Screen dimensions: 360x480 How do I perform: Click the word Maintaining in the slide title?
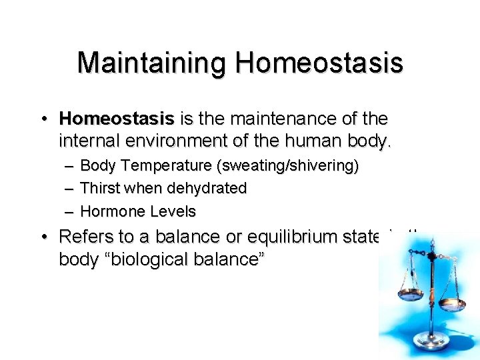(153, 63)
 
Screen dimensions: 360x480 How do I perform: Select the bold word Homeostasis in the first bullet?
(116, 119)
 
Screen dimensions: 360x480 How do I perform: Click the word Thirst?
(99, 189)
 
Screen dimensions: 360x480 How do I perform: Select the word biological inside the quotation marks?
(151, 260)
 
